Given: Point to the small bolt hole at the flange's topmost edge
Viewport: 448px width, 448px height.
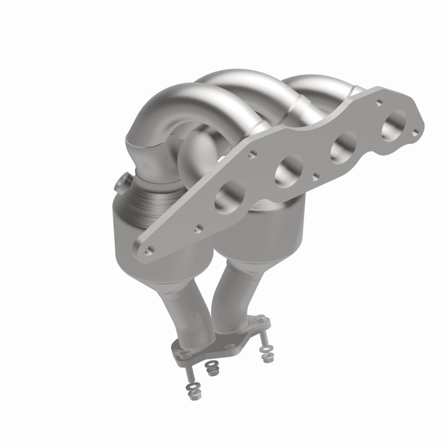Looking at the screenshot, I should pos(380,102).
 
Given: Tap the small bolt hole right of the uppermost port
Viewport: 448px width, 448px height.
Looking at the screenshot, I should pos(415,133).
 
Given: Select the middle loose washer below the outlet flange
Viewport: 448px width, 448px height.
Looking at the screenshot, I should pos(211,369).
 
